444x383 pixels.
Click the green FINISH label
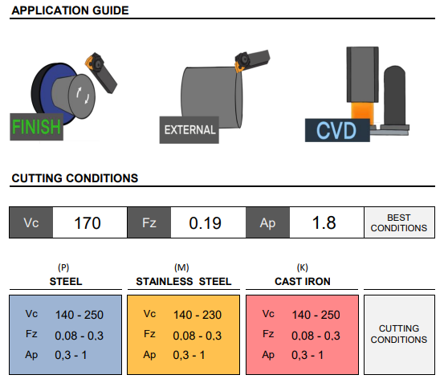36,127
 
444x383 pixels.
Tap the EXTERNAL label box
189,130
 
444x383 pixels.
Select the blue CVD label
337,130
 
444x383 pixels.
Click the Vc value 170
88,222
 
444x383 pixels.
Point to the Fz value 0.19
205,222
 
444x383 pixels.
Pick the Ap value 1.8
324,222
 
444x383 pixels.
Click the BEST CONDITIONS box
399,222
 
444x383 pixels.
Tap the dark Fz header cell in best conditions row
149,222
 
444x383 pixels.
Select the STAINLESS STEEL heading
184,281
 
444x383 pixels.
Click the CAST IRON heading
303,281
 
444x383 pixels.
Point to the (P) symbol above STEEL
63,267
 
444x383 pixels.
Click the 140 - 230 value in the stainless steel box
198,315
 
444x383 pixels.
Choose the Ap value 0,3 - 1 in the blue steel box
71,355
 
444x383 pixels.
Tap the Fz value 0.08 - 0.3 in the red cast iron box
316,336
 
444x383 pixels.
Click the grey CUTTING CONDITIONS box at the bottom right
399,335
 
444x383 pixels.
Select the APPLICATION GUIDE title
70,10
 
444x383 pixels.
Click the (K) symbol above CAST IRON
303,267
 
